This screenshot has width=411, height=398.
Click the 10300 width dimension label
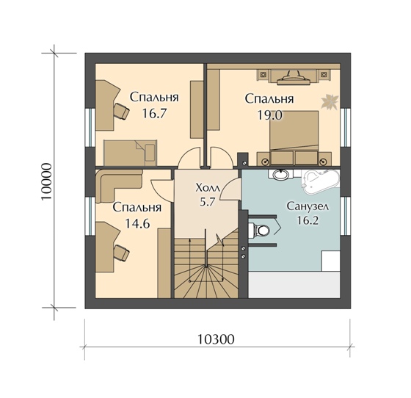216,339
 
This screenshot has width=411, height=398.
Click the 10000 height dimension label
46,181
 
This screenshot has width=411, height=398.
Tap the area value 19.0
269,115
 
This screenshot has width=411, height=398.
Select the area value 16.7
154,113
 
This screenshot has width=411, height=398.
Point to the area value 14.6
137,223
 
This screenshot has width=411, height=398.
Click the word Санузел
308,206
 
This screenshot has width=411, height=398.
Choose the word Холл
207,188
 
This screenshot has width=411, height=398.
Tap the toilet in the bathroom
259,231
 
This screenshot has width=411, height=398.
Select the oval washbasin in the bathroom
281,174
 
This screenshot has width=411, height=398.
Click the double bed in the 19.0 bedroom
294,138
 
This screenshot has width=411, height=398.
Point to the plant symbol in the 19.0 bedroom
330,101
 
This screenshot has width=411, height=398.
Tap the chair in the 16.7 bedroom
121,111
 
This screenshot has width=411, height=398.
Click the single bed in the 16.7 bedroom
131,153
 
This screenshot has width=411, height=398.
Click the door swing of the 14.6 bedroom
162,191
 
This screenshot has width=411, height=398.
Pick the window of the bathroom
346,215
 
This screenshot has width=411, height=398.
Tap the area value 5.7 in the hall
207,202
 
